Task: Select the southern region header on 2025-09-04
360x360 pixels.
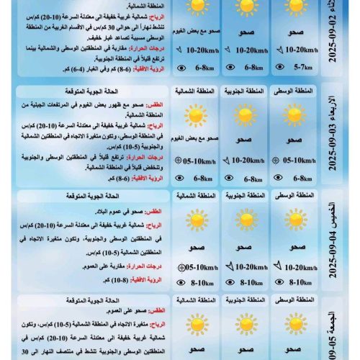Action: tap(245, 197)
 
